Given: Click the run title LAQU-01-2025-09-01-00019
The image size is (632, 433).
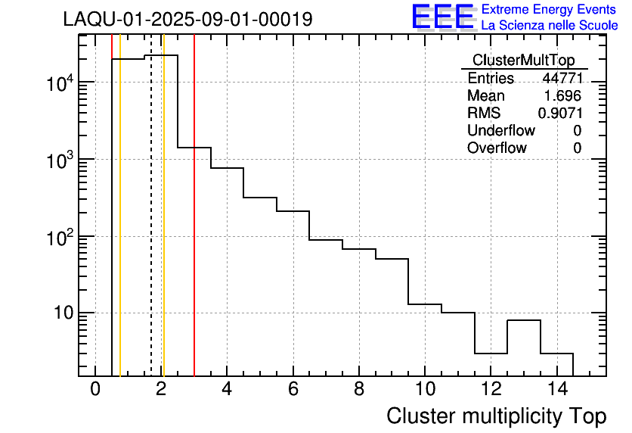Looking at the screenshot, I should click(187, 20).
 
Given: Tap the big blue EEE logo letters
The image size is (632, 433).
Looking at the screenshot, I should click(442, 17).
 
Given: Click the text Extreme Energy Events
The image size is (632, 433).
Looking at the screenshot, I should click(549, 10).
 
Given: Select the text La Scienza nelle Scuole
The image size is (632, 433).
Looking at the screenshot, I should click(549, 26).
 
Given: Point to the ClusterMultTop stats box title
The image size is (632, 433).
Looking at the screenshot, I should click(523, 61).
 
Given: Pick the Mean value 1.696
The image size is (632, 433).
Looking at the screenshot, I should click(563, 95).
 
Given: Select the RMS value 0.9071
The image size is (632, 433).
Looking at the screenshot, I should click(559, 113).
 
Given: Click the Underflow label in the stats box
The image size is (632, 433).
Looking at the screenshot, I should click(500, 130).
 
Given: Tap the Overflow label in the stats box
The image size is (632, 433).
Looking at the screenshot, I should click(497, 148).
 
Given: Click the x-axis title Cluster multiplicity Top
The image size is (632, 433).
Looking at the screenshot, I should click(496, 416).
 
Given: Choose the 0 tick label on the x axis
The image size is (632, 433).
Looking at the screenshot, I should click(95, 390).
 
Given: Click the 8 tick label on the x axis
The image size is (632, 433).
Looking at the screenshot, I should click(358, 390).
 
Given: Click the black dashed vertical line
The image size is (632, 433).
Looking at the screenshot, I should click(151, 227).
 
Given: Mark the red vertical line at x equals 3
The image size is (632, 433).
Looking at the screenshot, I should click(194, 227).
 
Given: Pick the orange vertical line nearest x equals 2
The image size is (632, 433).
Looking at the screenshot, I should click(163, 227).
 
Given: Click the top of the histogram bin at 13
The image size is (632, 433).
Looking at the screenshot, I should click(523, 320).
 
